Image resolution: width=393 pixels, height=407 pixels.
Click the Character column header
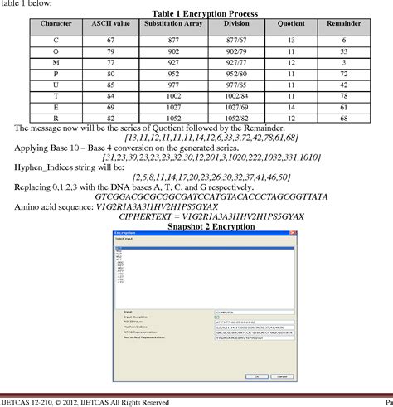tap(56, 23)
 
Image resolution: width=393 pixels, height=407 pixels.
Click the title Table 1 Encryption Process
tap(196, 13)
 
